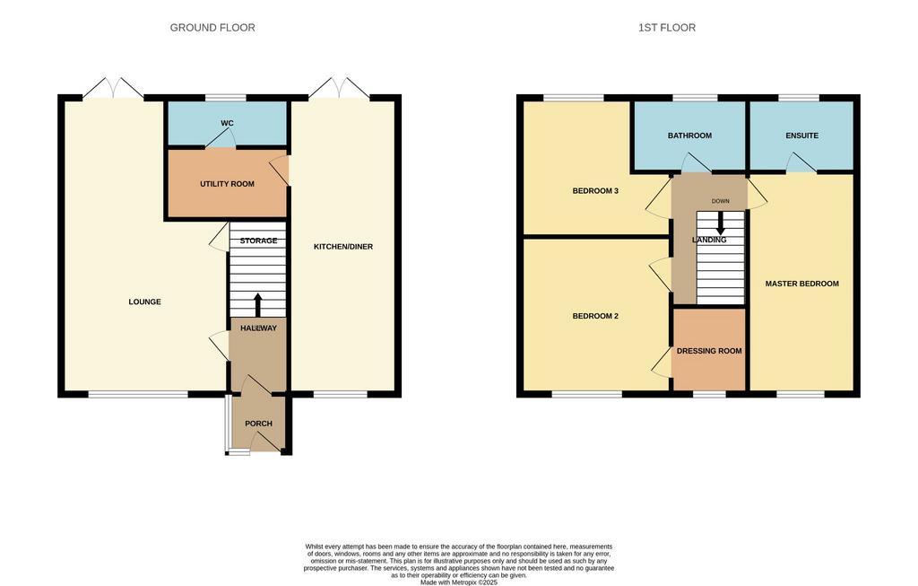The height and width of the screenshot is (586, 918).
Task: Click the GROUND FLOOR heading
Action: [212, 28]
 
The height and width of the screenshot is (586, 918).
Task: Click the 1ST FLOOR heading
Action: [667, 28]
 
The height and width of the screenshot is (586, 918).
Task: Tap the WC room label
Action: [227, 123]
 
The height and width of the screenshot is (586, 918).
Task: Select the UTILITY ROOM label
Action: [227, 184]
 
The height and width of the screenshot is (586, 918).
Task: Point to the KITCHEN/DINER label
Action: [343, 247]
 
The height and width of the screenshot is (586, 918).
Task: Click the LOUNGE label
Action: [144, 302]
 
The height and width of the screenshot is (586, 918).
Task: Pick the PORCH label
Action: [258, 424]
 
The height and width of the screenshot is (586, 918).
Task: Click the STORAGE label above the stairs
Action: [258, 241]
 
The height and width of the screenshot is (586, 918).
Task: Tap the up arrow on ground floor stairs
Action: [257, 305]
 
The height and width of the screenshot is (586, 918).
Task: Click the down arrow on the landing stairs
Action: [721, 223]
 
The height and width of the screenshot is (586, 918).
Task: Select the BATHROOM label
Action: [689, 136]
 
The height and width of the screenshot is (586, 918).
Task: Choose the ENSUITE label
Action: [802, 136]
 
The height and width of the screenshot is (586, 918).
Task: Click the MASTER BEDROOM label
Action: [802, 284]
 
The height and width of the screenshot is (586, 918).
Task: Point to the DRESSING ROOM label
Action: [709, 351]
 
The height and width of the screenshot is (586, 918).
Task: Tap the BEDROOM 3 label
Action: [595, 191]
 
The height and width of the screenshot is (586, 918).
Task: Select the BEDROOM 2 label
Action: [595, 317]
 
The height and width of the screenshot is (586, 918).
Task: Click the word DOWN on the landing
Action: [721, 201]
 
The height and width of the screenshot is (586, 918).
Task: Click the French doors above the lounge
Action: [113, 87]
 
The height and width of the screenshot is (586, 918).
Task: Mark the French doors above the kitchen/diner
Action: [340, 87]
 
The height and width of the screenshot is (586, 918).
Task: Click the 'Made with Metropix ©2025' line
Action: [459, 582]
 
